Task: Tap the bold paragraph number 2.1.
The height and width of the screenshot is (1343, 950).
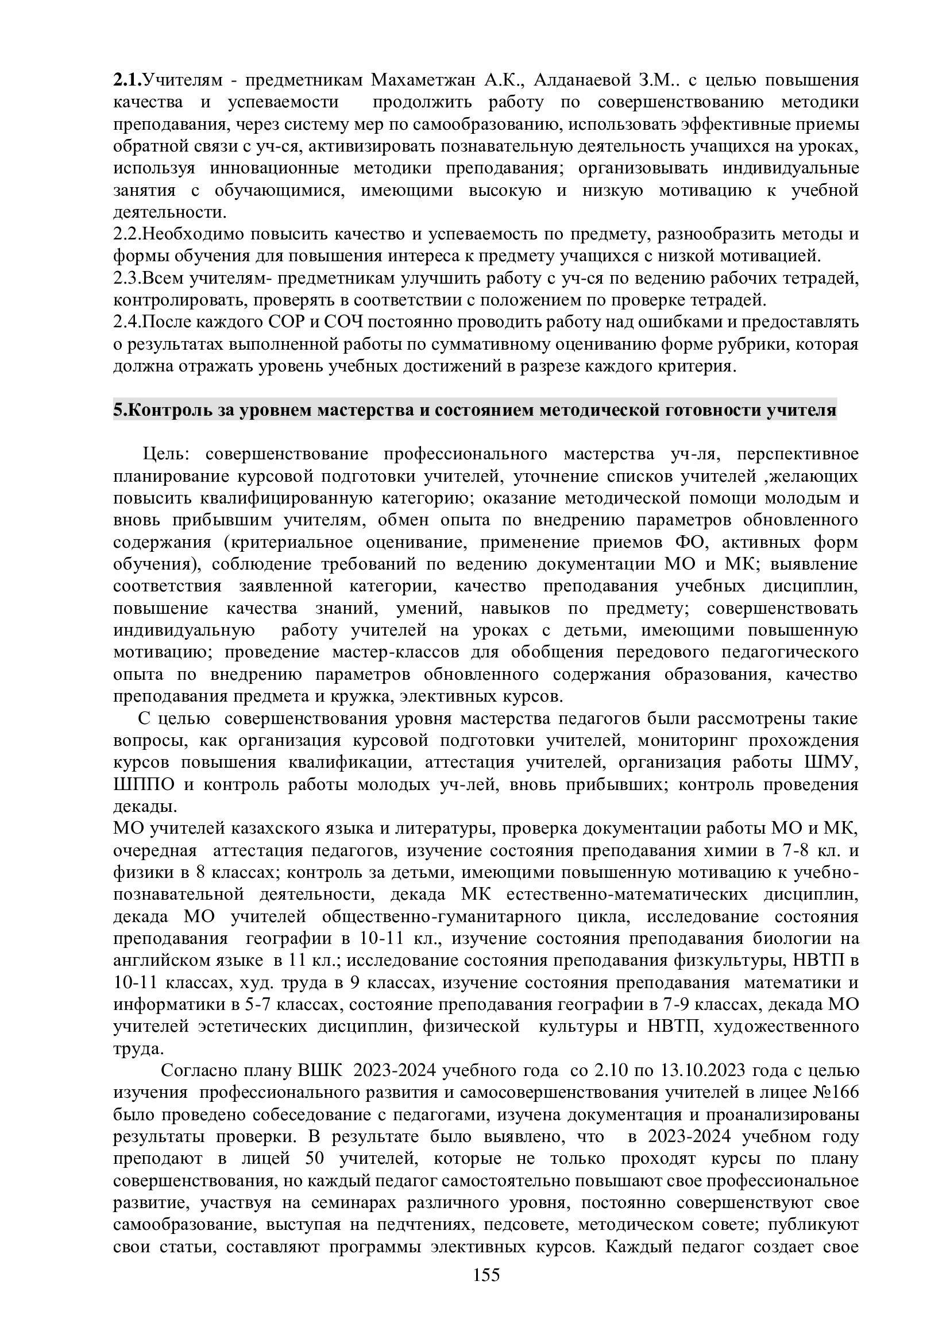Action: click(x=128, y=80)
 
